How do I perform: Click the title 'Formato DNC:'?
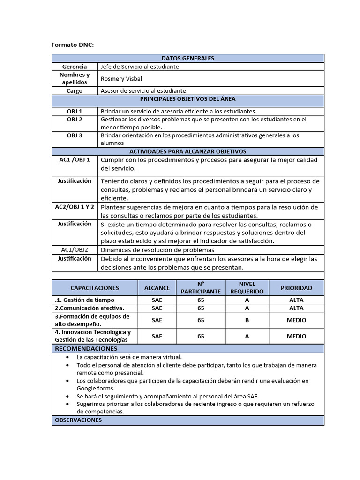click(x=72, y=45)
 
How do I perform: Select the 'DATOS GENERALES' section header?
click(x=187, y=58)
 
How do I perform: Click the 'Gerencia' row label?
click(x=75, y=67)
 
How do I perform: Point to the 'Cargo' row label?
click(x=75, y=90)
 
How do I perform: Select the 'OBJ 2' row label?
click(x=75, y=120)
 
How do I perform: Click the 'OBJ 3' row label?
click(x=75, y=135)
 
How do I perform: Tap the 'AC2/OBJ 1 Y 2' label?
click(x=75, y=207)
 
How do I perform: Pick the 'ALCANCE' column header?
click(x=157, y=288)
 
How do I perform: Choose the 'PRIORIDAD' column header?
click(x=296, y=288)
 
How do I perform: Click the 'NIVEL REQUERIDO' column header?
click(x=247, y=288)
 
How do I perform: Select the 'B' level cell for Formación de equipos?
click(x=247, y=320)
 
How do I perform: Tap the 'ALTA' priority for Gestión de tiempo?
click(x=296, y=300)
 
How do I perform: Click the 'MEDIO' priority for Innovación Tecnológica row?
click(x=296, y=336)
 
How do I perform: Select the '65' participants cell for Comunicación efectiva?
click(x=201, y=308)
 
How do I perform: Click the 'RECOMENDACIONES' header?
click(x=86, y=349)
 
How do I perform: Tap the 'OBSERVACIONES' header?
click(x=78, y=420)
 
